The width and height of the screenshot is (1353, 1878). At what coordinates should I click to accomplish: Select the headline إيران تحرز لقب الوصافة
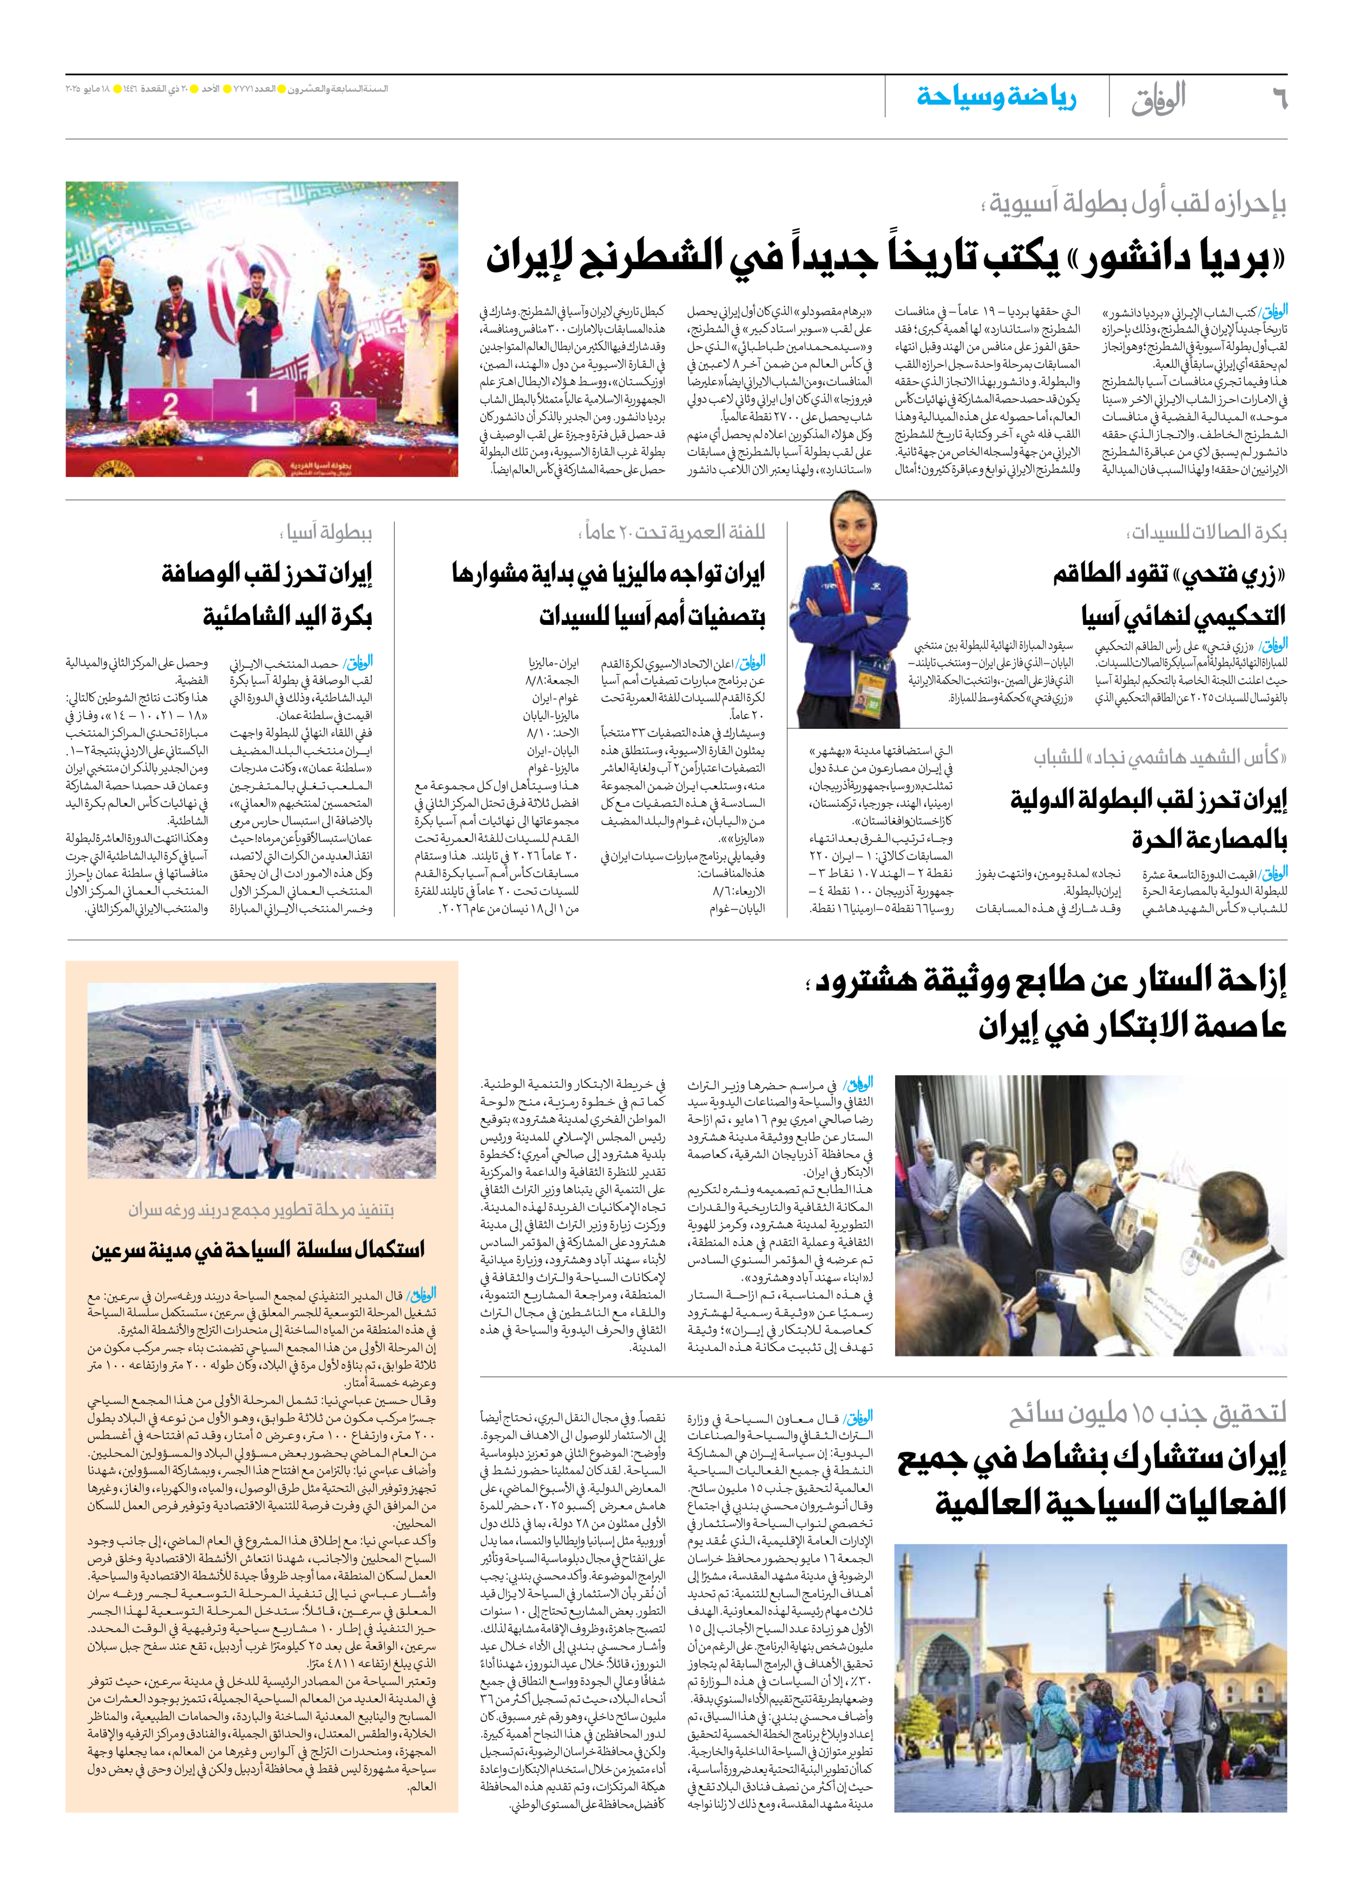pyautogui.click(x=267, y=573)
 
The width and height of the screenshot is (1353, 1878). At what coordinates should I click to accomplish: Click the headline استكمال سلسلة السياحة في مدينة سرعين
pyautogui.click(x=258, y=1249)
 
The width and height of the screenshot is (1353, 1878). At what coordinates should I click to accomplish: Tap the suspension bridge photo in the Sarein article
pyautogui.click(x=261, y=1080)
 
